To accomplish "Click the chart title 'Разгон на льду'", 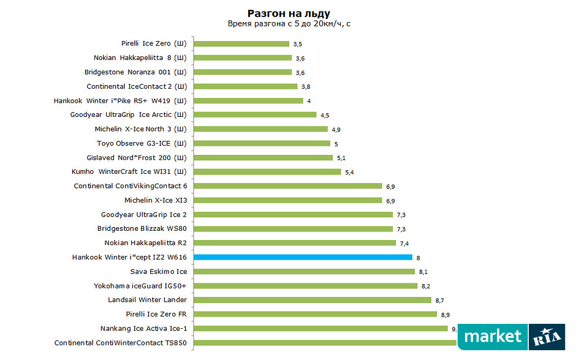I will point(289,13).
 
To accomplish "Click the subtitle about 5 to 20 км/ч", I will point(289,24).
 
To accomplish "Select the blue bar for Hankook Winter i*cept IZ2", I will point(303,257).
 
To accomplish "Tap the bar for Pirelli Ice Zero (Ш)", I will point(241,43).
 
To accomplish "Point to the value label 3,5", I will point(298,44).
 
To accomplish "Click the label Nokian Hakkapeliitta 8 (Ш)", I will point(140,58).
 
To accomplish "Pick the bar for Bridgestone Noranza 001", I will point(243,72).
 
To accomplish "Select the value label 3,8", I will point(305,87).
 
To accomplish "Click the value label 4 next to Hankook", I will point(309,101).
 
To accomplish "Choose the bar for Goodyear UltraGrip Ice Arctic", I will point(255,115).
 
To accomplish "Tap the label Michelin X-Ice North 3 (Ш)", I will point(140,129).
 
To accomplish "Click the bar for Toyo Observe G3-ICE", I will point(262,143).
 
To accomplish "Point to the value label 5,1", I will point(341,158).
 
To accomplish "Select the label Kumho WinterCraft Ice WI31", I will point(129,172).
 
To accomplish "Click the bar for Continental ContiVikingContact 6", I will point(287,186).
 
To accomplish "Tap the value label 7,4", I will point(404,243).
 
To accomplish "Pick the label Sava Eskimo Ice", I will point(159,271).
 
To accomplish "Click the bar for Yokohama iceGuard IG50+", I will point(305,286).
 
